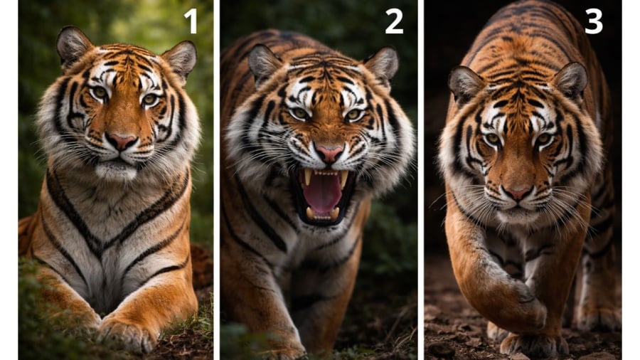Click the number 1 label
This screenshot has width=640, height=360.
coord(191,21)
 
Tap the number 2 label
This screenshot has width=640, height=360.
coord(394,21)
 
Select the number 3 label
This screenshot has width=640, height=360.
coord(594,21)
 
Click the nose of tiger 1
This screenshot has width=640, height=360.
coord(121,141)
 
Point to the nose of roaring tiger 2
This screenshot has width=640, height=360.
coord(329,154)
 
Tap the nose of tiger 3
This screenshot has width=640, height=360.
coord(517,192)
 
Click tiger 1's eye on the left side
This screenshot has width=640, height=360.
coord(99,92)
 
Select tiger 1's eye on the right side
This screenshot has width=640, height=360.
coord(149,99)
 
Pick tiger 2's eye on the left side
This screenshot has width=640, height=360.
coord(300,113)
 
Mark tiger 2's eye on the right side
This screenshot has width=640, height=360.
coord(353,115)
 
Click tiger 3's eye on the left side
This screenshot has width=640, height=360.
coord(493,139)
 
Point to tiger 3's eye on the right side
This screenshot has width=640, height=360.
coord(543,138)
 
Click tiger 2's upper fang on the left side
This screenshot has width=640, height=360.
coord(308,176)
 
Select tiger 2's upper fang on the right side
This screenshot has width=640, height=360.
coord(343,179)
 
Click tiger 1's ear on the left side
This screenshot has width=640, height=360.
coord(73,46)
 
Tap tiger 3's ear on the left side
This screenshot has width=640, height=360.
coord(466,85)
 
